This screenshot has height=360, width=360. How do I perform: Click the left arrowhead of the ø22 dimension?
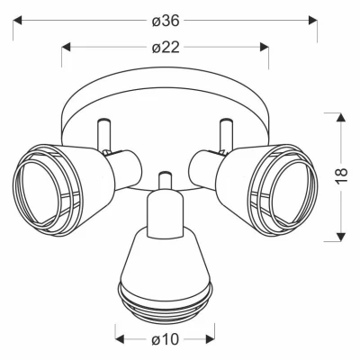[x=65, y=46]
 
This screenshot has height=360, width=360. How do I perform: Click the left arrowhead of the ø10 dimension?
[x=118, y=339]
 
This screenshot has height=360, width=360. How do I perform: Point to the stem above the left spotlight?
[x=102, y=135]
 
